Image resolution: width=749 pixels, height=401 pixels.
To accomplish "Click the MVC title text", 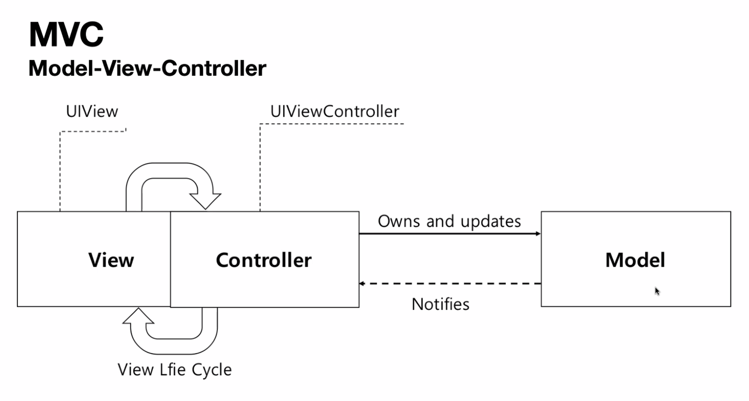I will click(x=66, y=34).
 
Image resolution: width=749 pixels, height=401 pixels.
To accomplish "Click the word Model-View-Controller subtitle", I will click(x=147, y=69).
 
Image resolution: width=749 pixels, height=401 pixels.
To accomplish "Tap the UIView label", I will click(x=92, y=112).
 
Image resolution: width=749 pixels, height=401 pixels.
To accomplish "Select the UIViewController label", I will click(x=334, y=112).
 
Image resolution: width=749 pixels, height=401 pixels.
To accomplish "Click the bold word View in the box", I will click(x=111, y=260).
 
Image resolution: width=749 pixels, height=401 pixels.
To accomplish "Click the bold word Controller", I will click(x=264, y=260).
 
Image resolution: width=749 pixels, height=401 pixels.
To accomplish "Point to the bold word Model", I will click(x=635, y=260).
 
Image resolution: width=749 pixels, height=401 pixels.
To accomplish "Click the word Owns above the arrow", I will click(x=399, y=221).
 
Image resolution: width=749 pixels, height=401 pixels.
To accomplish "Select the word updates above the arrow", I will click(x=491, y=222).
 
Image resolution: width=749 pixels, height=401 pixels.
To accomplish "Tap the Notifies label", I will click(x=440, y=304).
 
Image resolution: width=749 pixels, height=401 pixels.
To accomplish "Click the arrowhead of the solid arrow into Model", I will click(x=538, y=234).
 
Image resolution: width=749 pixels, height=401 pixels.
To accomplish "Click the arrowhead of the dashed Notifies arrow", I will click(x=362, y=283).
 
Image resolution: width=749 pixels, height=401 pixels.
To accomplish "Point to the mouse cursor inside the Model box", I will click(x=657, y=291).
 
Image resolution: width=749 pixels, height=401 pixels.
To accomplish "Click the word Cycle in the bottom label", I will click(x=212, y=370).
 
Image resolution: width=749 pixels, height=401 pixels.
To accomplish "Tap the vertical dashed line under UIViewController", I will click(x=260, y=168).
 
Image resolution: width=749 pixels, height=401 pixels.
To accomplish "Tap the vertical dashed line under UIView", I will click(x=60, y=172).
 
